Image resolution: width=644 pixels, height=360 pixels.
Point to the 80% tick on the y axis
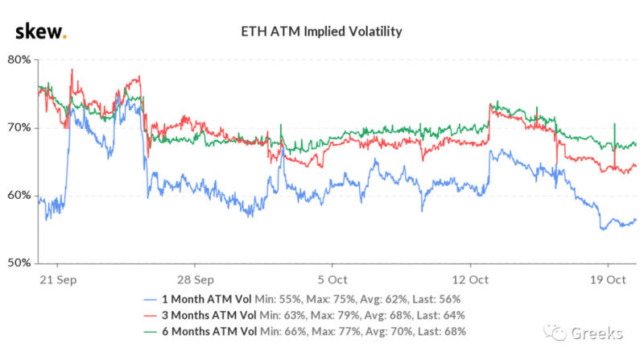(x=19, y=60)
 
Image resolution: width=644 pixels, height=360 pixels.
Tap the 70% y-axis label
(x=19, y=127)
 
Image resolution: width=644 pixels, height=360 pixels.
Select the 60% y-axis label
(x=19, y=195)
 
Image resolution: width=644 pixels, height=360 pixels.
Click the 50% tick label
(x=19, y=263)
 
